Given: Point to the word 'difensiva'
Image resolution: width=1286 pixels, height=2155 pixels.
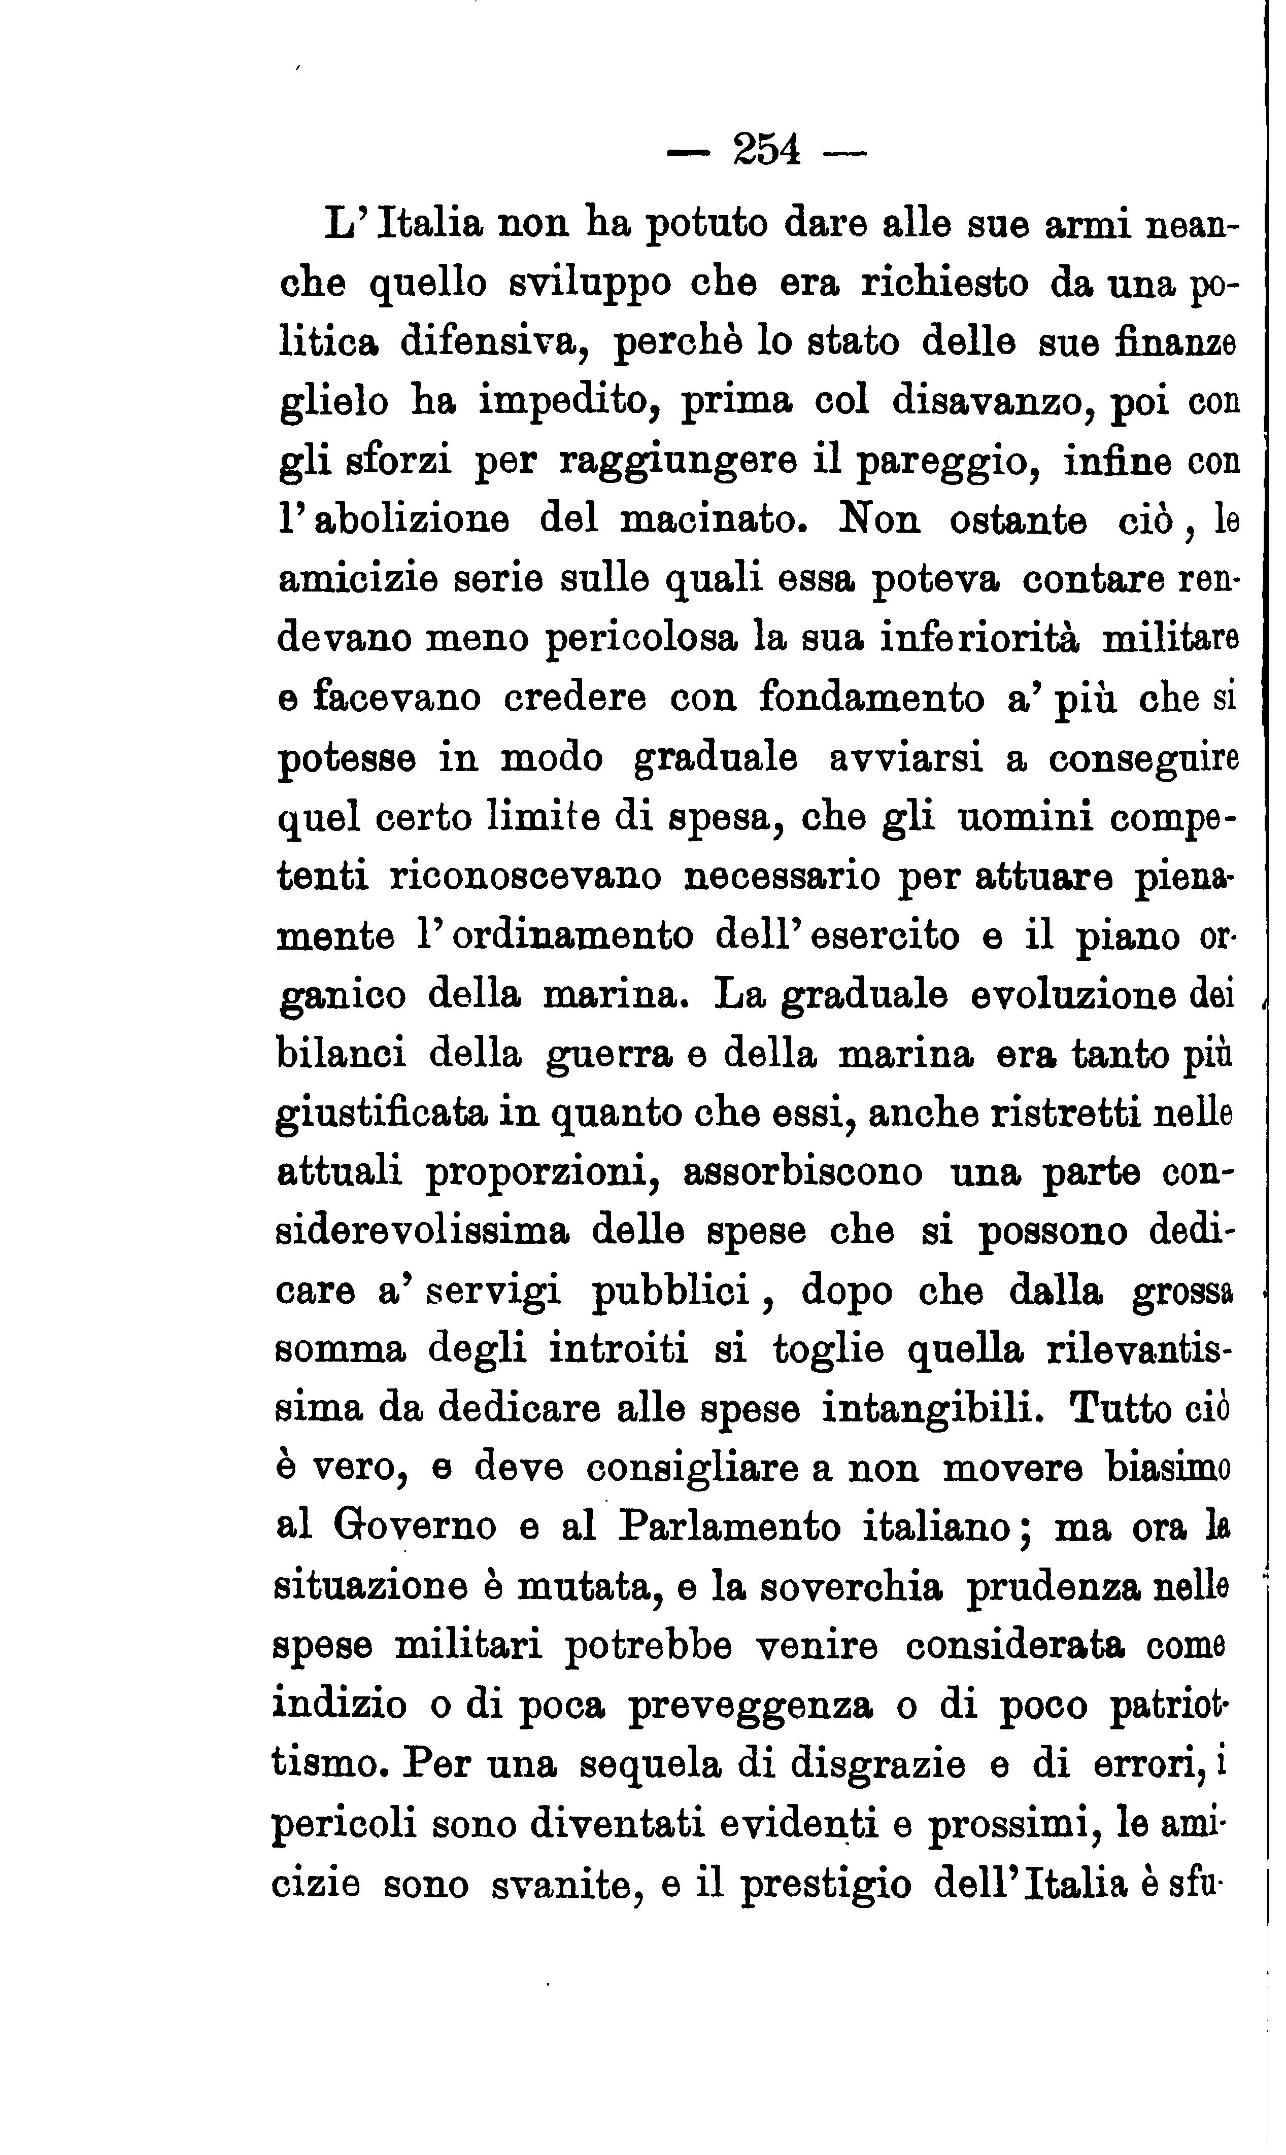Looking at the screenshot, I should point(487,342).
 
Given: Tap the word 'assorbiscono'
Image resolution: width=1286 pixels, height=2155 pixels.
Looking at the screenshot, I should point(803,1174).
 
